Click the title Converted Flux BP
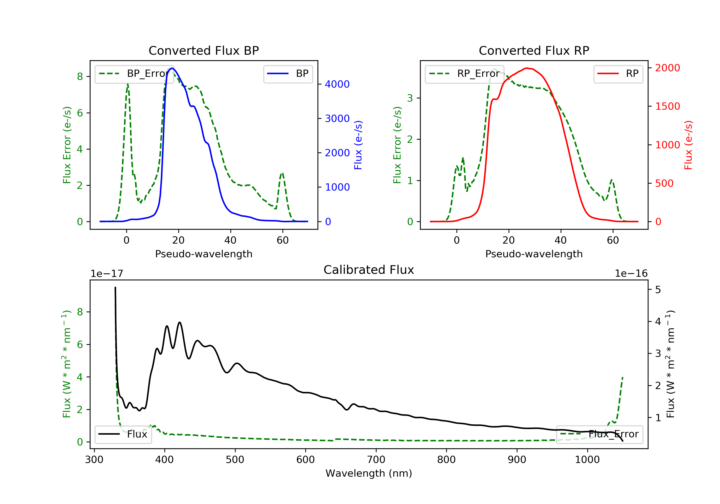tap(204, 50)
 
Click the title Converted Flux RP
tap(534, 50)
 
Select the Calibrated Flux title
tap(369, 270)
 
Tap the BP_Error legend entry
tap(134, 74)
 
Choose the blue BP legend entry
tap(288, 74)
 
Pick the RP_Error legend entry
tap(464, 74)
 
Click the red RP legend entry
tap(618, 74)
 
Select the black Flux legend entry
tap(123, 434)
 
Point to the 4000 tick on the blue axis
tap(337, 84)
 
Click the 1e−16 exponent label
tap(631, 274)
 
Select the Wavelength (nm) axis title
tap(369, 473)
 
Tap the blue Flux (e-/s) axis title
tap(358, 145)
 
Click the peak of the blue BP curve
tap(172, 68)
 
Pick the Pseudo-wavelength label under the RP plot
tap(534, 254)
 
